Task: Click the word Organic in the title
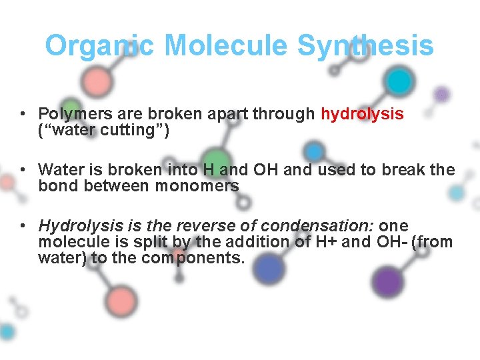99,46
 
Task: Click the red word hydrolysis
362,114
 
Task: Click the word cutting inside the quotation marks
127,130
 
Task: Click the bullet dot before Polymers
23,114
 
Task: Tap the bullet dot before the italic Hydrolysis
23,226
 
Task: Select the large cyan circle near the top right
399,81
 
